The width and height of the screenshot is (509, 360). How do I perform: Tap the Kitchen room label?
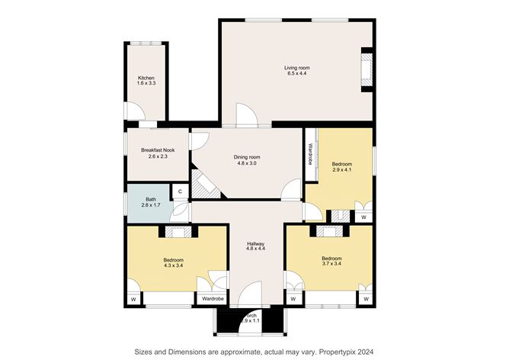(x=146, y=80)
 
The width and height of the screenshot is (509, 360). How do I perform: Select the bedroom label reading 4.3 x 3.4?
(x=173, y=263)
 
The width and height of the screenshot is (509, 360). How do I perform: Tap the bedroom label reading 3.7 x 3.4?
(x=331, y=260)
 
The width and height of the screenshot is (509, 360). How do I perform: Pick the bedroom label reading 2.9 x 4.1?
(x=342, y=167)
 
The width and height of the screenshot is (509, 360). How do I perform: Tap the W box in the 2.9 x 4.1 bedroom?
(x=363, y=217)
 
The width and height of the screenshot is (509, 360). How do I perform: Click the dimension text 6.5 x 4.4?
(x=298, y=73)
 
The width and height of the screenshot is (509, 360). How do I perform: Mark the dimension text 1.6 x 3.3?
(x=146, y=83)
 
